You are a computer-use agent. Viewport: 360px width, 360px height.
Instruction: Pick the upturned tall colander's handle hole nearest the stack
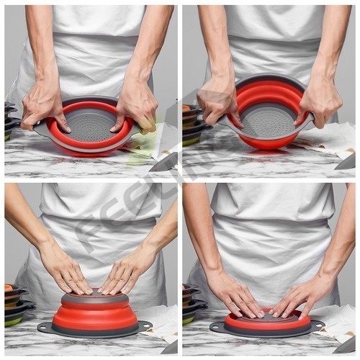[x=44, y=328]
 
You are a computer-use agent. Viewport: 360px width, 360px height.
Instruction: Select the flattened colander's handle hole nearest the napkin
[x=317, y=325]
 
